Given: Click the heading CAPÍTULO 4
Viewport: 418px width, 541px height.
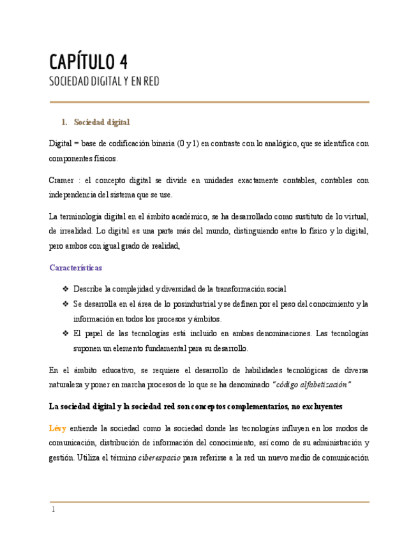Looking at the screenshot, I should pos(89,62).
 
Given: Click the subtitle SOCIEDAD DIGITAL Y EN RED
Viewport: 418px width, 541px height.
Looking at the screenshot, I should pos(104,82).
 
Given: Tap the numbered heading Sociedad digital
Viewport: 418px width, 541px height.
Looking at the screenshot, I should pos(101,121).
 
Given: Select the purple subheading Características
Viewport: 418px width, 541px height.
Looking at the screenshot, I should pos(75,267).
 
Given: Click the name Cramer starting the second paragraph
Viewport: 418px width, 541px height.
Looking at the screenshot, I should pos(63,181).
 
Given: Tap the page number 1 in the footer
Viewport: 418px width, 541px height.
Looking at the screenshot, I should pos(53,510).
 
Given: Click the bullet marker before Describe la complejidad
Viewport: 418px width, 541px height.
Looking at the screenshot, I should pos(65,289).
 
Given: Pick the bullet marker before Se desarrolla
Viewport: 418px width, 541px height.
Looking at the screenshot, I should pos(65,304).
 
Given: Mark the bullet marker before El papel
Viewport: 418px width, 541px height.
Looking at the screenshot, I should pos(65,334).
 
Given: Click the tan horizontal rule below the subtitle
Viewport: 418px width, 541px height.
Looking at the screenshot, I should pos(209,102).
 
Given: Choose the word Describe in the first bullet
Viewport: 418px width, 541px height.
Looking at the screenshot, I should pos(89,289).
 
